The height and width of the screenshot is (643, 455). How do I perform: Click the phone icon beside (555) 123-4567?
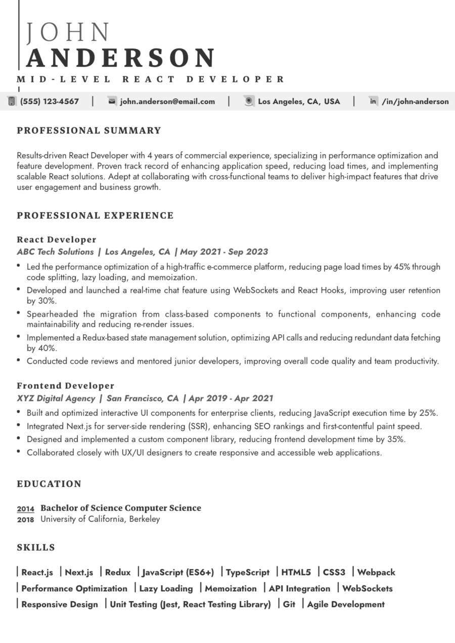[11, 101]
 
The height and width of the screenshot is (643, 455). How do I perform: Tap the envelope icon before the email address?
[112, 101]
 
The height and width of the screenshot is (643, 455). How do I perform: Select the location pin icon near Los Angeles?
[249, 101]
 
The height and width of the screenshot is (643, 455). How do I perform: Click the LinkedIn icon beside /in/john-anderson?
[373, 101]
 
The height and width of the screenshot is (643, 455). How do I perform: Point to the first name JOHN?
[68, 33]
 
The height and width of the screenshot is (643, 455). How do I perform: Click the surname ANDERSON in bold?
[121, 58]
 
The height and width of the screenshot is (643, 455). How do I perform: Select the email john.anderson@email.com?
[167, 102]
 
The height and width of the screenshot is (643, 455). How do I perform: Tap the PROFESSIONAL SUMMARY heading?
[89, 130]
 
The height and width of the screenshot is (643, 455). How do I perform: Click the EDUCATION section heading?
[49, 484]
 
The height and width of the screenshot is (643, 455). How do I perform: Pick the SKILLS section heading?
[36, 548]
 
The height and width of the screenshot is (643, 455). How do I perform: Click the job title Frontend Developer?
[66, 386]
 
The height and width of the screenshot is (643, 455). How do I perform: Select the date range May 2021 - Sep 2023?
[224, 252]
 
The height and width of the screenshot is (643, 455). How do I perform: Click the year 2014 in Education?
[25, 509]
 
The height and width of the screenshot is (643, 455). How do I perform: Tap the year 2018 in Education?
[25, 519]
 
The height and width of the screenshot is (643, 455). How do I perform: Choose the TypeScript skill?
[248, 572]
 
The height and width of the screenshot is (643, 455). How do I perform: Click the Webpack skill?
[376, 572]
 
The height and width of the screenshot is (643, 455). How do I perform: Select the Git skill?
[289, 604]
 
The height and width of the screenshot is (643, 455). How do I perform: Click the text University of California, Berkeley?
[100, 519]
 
